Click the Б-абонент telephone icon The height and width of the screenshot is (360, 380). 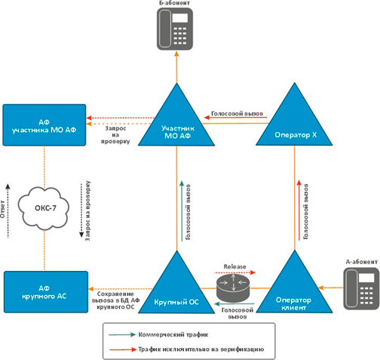pyautogui.click(x=175, y=29)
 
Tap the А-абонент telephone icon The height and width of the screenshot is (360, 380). pyautogui.click(x=361, y=288)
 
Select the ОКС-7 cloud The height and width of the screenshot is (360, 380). pyautogui.click(x=44, y=208)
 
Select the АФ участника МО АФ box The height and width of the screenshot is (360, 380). pyautogui.click(x=44, y=125)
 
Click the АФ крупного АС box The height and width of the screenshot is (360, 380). pyautogui.click(x=46, y=292)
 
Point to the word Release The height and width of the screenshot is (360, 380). pyautogui.click(x=234, y=266)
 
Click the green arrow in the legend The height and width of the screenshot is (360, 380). pyautogui.click(x=122, y=334)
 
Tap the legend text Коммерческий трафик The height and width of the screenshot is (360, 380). pyautogui.click(x=173, y=335)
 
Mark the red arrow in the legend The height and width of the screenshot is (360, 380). pyautogui.click(x=123, y=349)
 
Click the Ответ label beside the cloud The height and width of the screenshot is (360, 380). pyautogui.click(x=2, y=209)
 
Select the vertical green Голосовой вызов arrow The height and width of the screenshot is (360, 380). pyautogui.click(x=182, y=211)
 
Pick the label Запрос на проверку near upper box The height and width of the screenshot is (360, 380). pyautogui.click(x=115, y=135)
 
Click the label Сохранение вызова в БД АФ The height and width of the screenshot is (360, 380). pyautogui.click(x=115, y=297)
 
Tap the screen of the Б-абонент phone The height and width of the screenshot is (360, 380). pyautogui.click(x=180, y=18)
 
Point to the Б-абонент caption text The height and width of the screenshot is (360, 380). pyautogui.click(x=174, y=3)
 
